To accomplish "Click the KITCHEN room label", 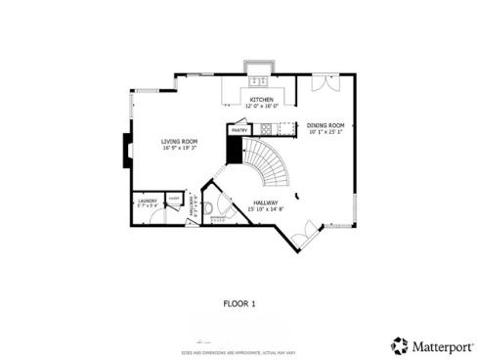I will (x=261, y=100).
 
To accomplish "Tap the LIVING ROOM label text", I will (x=179, y=141).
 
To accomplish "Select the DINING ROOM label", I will (x=325, y=125).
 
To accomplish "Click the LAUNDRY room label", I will (x=146, y=201).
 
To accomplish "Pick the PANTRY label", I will (x=238, y=129).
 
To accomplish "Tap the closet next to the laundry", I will (x=173, y=199).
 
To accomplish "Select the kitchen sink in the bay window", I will (x=260, y=81).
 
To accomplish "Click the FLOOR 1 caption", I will (x=239, y=303).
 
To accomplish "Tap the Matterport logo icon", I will (x=400, y=345).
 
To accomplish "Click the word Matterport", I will (x=440, y=345).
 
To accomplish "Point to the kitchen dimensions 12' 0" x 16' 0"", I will (x=262, y=107).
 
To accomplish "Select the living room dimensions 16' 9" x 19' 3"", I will (x=179, y=148).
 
